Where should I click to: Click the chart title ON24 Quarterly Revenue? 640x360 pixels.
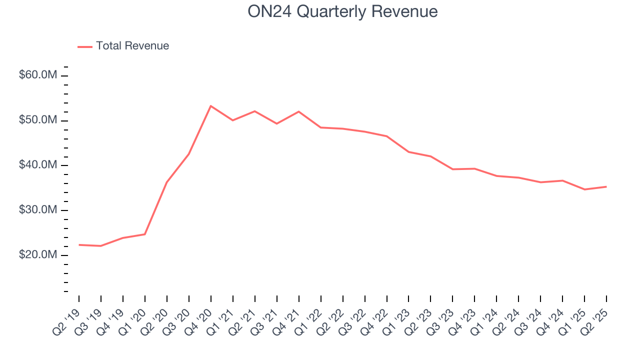click(x=342, y=11)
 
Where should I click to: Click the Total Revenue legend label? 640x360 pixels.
click(x=132, y=46)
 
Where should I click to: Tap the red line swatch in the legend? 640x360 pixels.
click(x=85, y=46)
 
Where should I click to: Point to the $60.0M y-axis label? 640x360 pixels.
click(x=38, y=75)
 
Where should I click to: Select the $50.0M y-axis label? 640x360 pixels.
click(x=38, y=120)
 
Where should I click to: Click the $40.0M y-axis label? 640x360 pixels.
click(x=38, y=165)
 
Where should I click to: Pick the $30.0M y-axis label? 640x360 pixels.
click(x=38, y=210)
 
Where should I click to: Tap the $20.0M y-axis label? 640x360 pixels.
click(x=38, y=255)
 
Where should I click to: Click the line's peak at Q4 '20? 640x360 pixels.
click(x=210, y=106)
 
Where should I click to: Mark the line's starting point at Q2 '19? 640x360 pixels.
click(x=79, y=245)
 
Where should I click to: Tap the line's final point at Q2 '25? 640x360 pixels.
click(x=606, y=186)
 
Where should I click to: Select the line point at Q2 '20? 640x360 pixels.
click(x=166, y=182)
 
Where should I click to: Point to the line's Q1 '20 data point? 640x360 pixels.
click(x=145, y=234)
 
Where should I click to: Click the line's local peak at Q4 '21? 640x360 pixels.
click(x=298, y=111)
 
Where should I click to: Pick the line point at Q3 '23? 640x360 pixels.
click(x=452, y=169)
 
